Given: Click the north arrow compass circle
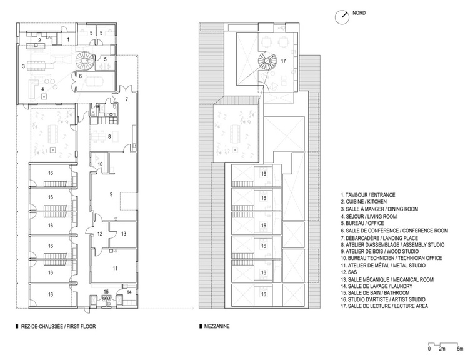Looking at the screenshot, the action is point(342,17).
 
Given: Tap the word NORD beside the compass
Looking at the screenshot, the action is point(359,13).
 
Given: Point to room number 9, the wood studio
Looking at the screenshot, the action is point(111,194).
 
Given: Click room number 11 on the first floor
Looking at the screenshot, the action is point(115,268).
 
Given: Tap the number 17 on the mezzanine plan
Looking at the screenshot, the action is point(283,61).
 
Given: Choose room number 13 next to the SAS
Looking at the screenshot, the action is point(124,234).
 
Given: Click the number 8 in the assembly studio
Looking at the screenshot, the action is point(109,137).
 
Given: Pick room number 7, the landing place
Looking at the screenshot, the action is point(127,99).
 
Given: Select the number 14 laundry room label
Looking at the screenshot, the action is point(129,292).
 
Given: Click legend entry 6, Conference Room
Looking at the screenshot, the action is point(394,231).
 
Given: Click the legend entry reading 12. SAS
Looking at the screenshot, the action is point(347,272).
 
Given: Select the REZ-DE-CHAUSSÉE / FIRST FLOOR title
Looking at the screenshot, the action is point(59,327).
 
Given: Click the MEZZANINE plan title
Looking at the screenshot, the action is point(217,327).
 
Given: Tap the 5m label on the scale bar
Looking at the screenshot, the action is point(460,349).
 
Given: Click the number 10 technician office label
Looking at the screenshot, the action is point(100,164).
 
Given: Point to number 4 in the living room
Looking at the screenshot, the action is point(42,89).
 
